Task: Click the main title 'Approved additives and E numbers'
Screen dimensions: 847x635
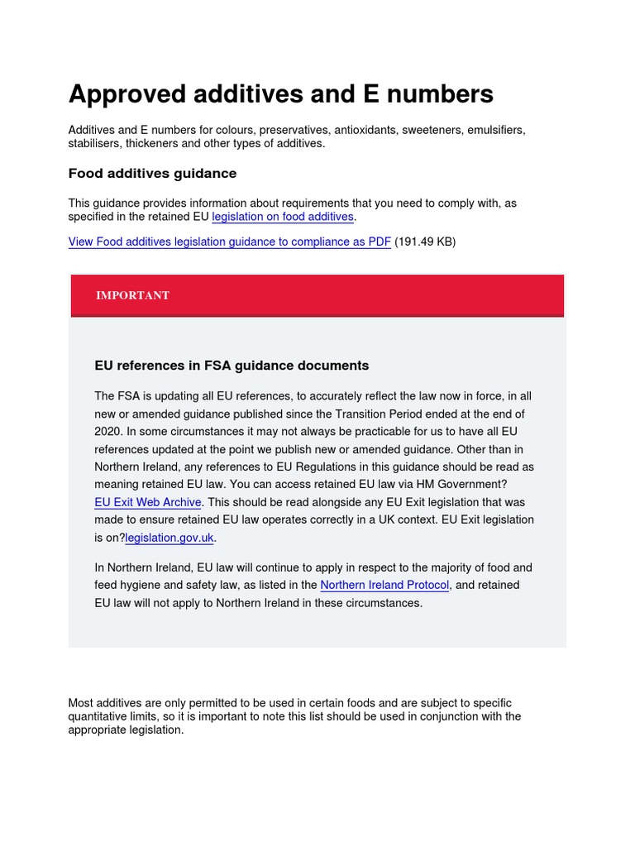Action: tap(280, 94)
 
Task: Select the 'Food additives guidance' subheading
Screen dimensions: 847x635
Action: tap(152, 174)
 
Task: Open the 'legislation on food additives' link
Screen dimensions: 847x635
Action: tap(283, 217)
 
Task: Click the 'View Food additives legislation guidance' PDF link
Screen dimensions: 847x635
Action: tap(229, 242)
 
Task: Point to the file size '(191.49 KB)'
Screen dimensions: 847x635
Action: tap(425, 242)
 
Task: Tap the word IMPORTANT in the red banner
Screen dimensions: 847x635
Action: tap(132, 295)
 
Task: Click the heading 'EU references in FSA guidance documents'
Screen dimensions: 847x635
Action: tap(232, 365)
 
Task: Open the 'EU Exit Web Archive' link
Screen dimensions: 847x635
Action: tap(148, 502)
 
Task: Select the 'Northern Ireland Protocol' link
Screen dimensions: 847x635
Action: tap(384, 585)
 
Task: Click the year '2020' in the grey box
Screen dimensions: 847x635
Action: tap(107, 431)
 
